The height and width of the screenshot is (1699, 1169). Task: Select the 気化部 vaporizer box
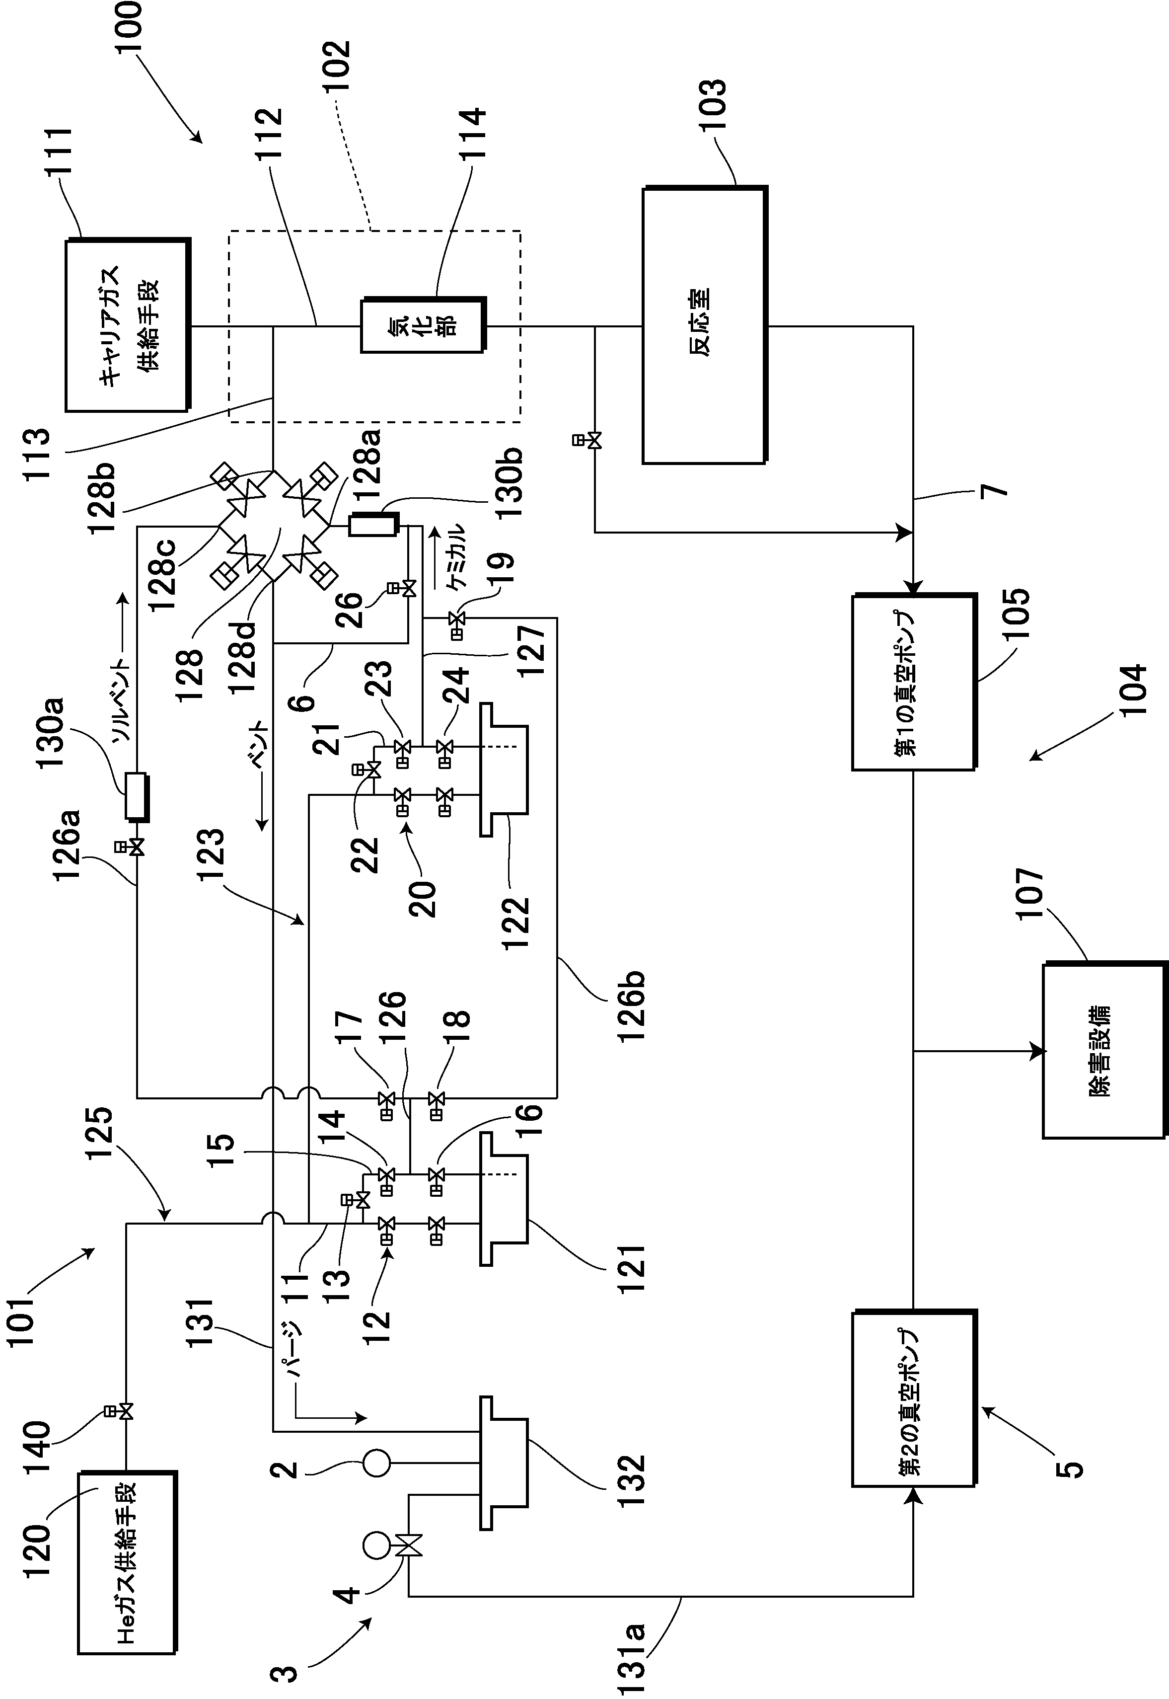(x=423, y=324)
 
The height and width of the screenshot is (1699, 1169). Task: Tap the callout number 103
(x=712, y=105)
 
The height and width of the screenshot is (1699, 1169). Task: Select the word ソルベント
(x=122, y=699)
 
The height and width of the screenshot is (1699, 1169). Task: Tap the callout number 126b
(x=631, y=1006)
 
